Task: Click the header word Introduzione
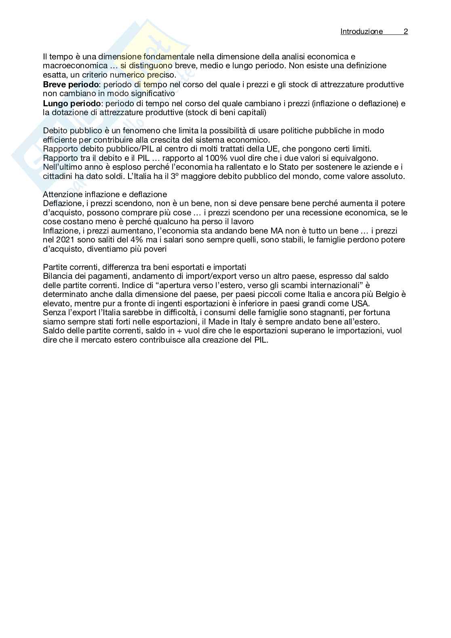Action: pos(361,32)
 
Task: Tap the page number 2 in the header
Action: pos(406,32)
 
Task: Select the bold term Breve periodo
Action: pos(71,84)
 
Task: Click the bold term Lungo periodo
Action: pos(72,103)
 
